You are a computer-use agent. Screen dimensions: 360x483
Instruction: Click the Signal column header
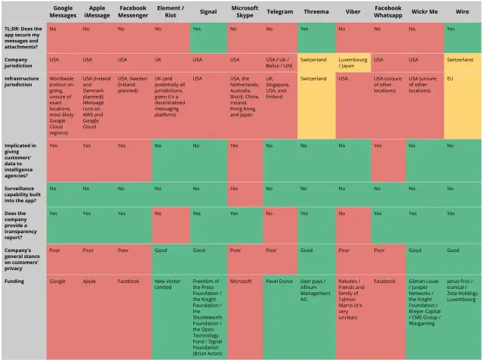pyautogui.click(x=208, y=12)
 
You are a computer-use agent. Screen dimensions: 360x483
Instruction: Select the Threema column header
pyautogui.click(x=316, y=12)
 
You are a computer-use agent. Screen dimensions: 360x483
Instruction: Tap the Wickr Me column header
pyautogui.click(x=425, y=12)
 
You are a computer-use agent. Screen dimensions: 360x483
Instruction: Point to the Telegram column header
pyautogui.click(x=280, y=12)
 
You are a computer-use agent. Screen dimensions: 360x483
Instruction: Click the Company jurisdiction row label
pyautogui.click(x=20, y=62)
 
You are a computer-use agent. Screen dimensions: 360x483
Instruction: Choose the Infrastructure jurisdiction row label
pyautogui.click(x=22, y=81)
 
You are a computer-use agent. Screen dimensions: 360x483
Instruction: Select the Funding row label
pyautogui.click(x=14, y=281)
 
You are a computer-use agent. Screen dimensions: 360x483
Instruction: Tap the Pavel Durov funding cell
pyautogui.click(x=280, y=281)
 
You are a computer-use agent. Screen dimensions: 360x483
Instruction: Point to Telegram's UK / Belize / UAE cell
pyautogui.click(x=280, y=62)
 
